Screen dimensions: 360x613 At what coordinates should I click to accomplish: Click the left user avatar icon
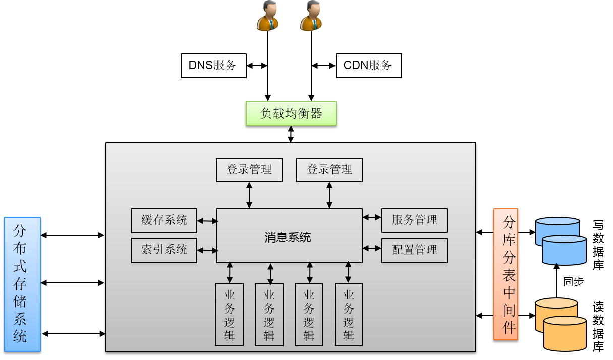point(267,16)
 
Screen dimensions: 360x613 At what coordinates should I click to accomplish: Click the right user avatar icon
point(311,16)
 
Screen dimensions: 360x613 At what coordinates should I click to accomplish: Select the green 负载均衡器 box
point(291,113)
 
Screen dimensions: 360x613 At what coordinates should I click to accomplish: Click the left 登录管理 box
point(249,170)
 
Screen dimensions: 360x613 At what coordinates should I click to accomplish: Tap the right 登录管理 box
point(329,170)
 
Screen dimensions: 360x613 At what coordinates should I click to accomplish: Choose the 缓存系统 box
point(163,220)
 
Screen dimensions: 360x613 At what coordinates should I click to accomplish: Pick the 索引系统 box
point(163,250)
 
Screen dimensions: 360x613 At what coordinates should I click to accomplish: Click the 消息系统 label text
point(288,237)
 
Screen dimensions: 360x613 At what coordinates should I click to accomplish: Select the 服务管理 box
point(414,220)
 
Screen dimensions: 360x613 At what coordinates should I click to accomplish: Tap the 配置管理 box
point(414,250)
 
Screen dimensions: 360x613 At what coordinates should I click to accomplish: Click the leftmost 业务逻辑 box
point(229,314)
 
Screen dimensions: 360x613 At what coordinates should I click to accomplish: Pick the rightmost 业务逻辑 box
point(348,314)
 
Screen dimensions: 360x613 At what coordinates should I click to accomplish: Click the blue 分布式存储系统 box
point(22,284)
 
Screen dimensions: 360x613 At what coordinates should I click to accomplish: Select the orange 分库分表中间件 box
point(506,274)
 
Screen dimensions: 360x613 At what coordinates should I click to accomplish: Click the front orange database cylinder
point(565,335)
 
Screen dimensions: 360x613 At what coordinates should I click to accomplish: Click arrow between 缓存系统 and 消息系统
point(207,221)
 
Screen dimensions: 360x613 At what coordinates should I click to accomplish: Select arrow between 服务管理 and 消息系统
point(372,217)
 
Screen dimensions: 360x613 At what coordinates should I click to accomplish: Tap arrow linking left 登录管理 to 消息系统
point(249,195)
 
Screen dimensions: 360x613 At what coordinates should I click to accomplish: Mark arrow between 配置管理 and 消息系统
point(372,248)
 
